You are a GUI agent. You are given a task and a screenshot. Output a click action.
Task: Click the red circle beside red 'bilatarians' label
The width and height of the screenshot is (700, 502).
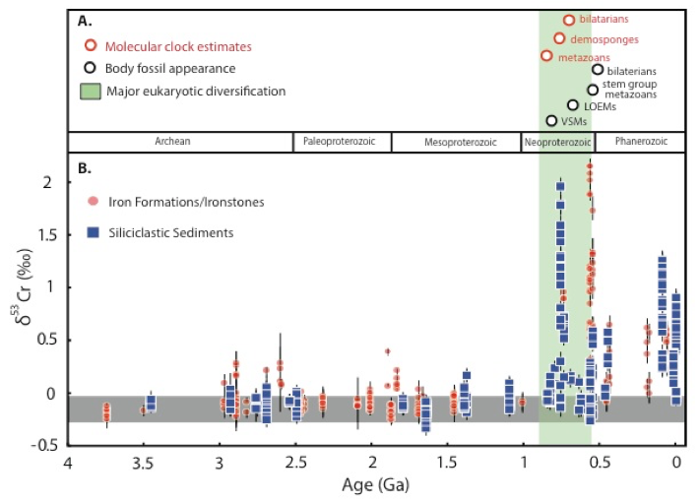coord(569,20)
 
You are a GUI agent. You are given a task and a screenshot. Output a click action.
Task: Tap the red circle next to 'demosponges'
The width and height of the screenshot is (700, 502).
coord(559,38)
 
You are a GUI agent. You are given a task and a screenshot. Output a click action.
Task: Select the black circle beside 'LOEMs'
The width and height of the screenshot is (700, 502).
coord(573,104)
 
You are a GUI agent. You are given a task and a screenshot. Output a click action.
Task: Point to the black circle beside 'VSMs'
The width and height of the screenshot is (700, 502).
coord(551,121)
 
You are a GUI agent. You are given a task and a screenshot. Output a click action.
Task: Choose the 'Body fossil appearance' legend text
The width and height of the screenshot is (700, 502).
coord(171,68)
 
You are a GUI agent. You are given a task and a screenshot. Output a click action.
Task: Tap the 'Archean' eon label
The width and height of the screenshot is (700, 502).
coord(173,142)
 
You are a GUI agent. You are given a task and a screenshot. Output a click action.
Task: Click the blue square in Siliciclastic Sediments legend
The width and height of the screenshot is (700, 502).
coord(93,232)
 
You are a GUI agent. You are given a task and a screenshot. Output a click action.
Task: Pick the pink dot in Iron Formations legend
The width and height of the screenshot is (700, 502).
coord(93,201)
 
